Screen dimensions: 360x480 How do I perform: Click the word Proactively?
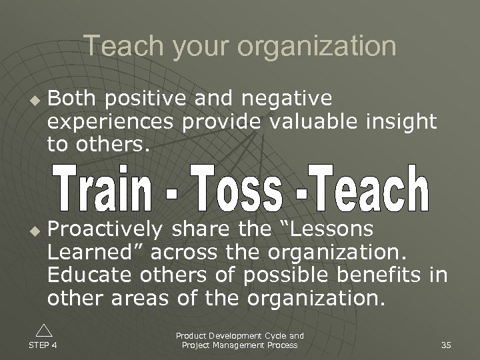(105, 229)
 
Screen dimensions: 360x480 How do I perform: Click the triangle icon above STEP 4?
(43, 330)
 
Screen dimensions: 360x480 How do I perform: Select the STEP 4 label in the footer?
(43, 345)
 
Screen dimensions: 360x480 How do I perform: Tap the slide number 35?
(446, 345)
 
